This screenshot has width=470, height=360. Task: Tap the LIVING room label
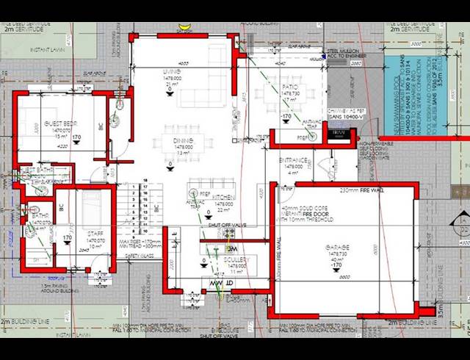click(172, 72)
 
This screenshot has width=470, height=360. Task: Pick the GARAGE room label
click(339, 245)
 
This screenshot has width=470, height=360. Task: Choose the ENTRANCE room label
click(292, 159)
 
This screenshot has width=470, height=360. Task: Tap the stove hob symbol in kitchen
click(229, 234)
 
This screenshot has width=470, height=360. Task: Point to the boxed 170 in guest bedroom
click(76, 137)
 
